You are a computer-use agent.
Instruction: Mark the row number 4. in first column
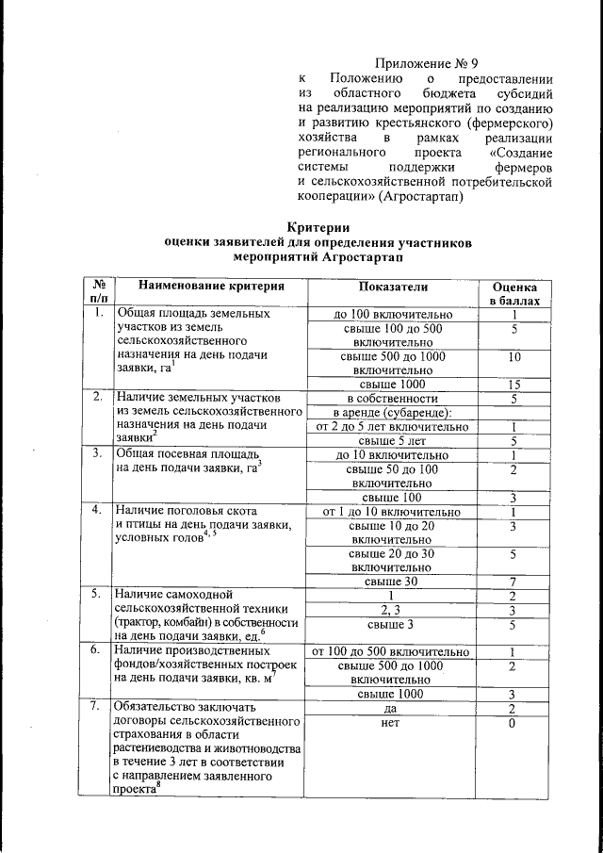[96, 511]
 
